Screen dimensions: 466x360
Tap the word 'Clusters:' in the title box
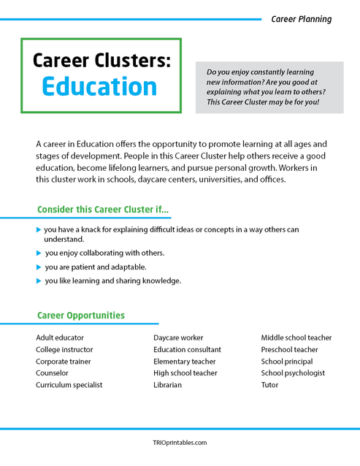134,59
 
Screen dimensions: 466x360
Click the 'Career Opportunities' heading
80,316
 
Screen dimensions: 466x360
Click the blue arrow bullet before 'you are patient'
39,267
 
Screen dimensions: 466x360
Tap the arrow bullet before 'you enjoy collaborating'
39,253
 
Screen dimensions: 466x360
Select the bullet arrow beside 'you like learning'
39,280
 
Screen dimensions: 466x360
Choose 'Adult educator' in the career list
60,338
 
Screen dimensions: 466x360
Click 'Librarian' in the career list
167,385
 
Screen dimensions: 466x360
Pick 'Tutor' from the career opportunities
269,385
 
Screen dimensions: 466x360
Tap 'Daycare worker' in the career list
178,338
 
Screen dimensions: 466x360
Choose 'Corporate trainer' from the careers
64,362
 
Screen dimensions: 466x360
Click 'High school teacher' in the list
185,373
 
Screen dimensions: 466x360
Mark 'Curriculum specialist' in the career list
69,385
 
